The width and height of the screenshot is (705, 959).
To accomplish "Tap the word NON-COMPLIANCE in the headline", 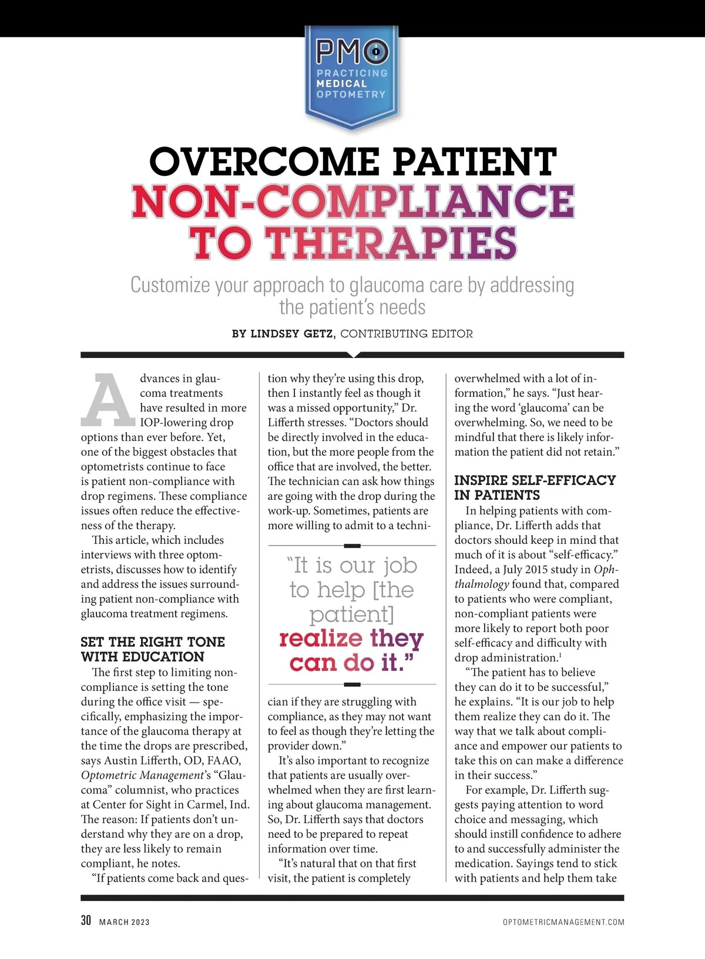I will pos(352,201).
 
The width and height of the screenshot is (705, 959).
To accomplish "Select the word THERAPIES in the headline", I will pos(392,242).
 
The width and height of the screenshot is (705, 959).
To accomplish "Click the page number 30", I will pos(86,921).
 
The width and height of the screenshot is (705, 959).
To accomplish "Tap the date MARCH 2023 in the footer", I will pos(125,922).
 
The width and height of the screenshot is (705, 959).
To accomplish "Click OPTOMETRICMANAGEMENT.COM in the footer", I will pos(563,922).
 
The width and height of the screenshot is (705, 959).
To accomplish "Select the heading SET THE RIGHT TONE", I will pos(153,641).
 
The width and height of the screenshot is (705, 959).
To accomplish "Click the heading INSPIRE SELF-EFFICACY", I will pos(535,480).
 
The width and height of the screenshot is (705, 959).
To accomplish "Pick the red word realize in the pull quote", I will pos(321,639).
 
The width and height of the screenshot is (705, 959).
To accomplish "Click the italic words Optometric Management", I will pos(142,775).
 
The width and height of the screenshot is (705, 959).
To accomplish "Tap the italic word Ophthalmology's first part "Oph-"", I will pos(606,569).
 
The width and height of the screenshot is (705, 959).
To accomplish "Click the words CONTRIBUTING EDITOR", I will pos(407,334).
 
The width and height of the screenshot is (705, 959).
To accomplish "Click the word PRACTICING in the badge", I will pos(352,73).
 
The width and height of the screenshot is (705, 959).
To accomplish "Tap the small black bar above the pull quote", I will pos(351,546).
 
